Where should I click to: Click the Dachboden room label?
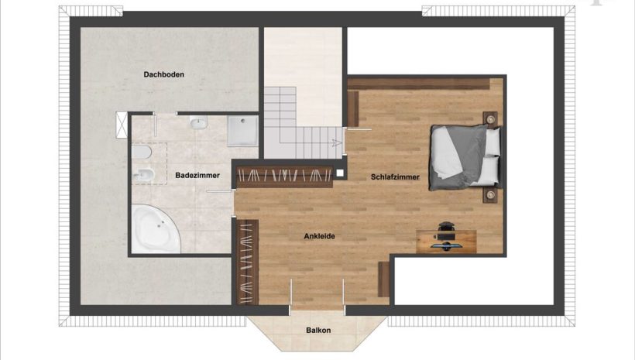[x=163, y=74]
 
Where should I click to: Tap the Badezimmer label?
[x=197, y=175]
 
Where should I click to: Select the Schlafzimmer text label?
[x=395, y=177]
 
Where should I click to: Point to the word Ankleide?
[x=319, y=236]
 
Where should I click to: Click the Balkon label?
[x=318, y=330]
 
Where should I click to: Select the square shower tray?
[x=242, y=131]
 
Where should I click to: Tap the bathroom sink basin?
[x=198, y=122]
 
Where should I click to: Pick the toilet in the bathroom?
[x=142, y=153]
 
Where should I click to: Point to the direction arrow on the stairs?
[x=336, y=142]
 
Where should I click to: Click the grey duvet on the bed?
[x=455, y=157]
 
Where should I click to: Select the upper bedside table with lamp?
[x=490, y=119]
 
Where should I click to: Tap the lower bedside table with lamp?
[x=490, y=195]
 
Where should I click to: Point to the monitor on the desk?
[x=445, y=245]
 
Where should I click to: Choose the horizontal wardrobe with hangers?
[x=284, y=177]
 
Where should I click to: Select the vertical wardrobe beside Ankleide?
[x=248, y=262]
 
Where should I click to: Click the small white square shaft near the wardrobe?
[x=340, y=173]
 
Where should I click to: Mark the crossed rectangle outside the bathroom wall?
[x=122, y=125]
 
